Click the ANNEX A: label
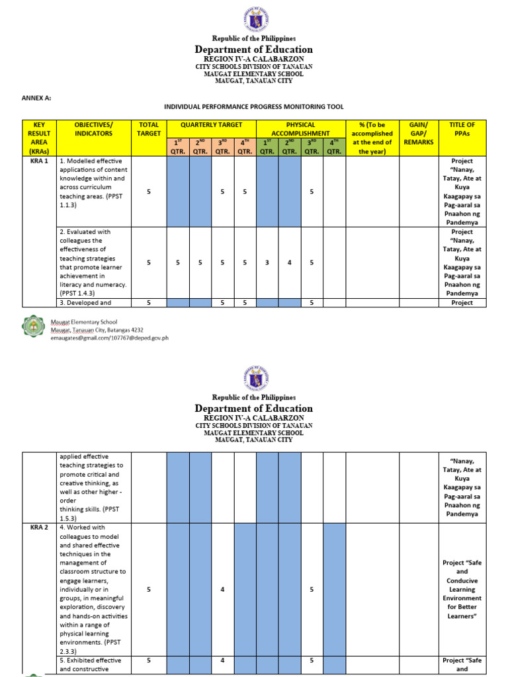click(37, 97)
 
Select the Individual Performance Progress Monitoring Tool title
click(253, 106)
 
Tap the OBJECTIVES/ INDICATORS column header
click(93, 129)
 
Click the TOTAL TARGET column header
click(149, 129)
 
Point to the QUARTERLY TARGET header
click(212, 124)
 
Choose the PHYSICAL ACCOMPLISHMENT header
click(301, 129)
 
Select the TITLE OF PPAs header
click(462, 129)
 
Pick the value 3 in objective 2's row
click(267, 262)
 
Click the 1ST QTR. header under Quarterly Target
click(178, 146)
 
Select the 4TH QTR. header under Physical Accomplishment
click(335, 146)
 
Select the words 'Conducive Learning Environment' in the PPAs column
click(462, 590)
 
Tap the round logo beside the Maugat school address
click(35, 329)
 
